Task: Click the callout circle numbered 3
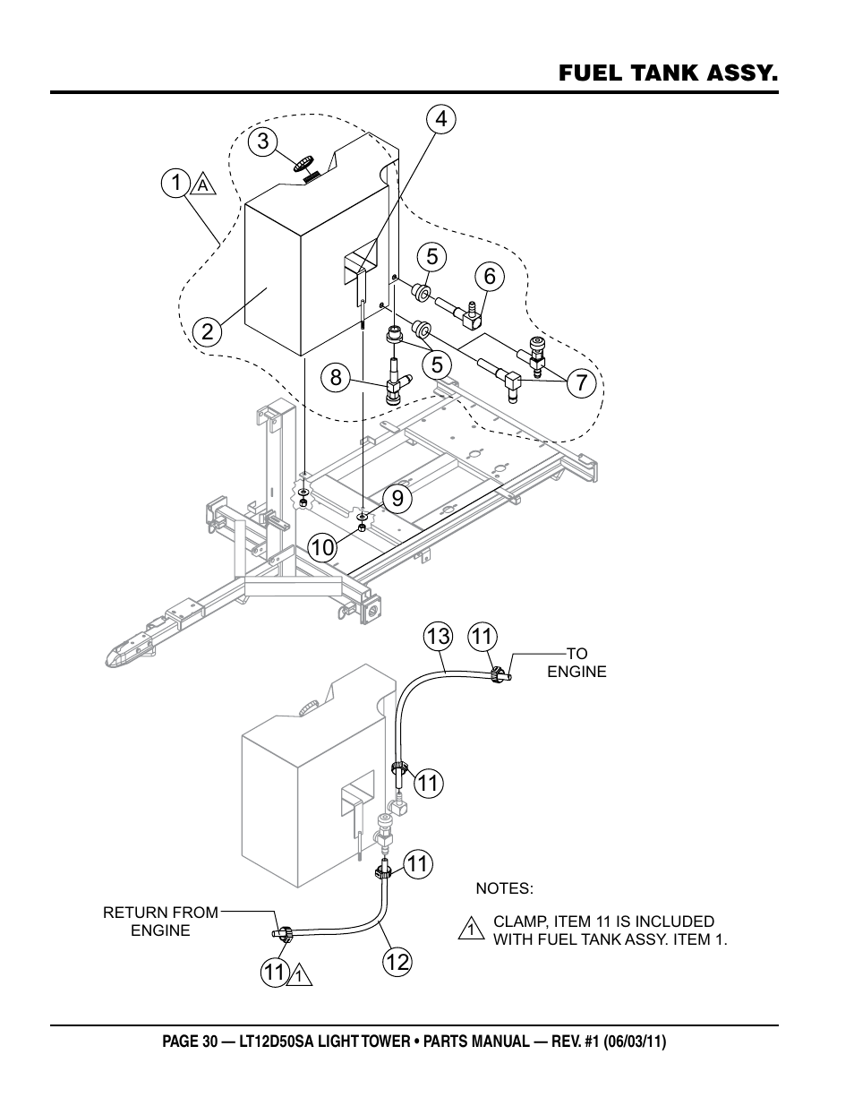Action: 262,141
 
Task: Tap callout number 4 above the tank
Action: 440,118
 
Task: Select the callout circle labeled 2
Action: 208,332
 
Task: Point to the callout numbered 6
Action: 490,276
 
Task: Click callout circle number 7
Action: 581,382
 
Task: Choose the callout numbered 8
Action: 336,378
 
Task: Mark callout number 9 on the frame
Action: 397,498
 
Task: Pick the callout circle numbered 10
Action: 322,548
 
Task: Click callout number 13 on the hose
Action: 438,636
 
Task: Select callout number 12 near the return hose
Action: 397,962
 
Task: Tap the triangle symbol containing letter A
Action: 203,184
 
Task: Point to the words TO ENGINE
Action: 576,662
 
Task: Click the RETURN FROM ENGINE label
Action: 161,922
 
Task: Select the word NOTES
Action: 505,888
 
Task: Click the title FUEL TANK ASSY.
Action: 669,73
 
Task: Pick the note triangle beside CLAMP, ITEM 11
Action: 471,928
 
